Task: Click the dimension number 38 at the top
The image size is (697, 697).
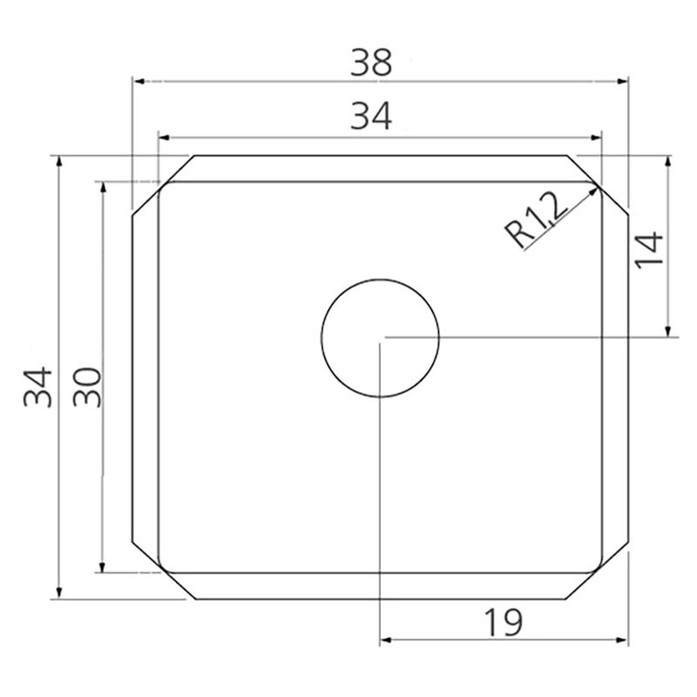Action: pos(371,63)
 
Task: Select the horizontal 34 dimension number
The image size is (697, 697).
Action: pos(371,116)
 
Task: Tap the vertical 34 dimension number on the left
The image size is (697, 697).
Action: pos(37,387)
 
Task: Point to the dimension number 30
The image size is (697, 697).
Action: pos(87,387)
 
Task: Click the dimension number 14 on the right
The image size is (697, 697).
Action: pos(649,250)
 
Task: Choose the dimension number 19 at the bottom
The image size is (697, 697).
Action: pos(504,622)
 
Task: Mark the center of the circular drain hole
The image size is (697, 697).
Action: pos(380,338)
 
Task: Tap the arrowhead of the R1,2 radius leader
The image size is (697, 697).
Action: pos(593,191)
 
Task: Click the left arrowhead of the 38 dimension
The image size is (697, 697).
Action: pos(139,81)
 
